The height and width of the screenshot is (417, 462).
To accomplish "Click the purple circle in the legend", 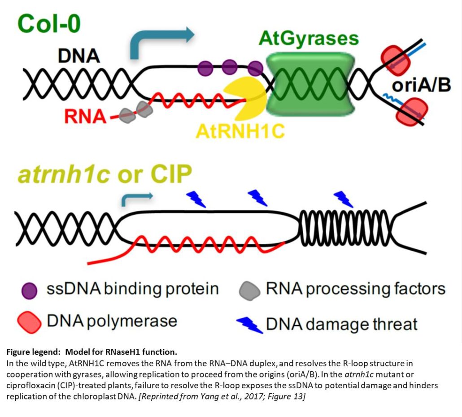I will pos(29,289).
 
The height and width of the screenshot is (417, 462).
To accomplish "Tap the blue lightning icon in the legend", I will pos(249,323).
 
